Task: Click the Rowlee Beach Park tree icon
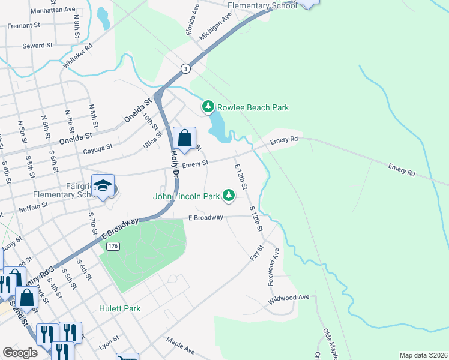[208, 107]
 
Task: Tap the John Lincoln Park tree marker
[228, 195]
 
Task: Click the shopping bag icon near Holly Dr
[185, 138]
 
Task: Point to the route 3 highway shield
[187, 68]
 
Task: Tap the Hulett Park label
[120, 308]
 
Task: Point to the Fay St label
[257, 253]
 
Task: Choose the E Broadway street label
[206, 217]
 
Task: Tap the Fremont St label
[23, 26]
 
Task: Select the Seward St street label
[38, 46]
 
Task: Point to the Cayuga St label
[98, 149]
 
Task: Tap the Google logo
[20, 353]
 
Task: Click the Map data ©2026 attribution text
[423, 355]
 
